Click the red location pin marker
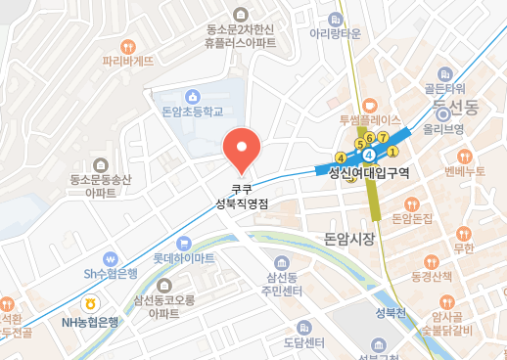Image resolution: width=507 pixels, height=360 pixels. (241, 148)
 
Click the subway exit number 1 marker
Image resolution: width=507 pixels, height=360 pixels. (392, 152)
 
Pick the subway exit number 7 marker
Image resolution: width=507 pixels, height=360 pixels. (384, 136)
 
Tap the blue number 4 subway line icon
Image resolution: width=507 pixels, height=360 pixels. (368, 155)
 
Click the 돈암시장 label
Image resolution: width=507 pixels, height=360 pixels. (348, 239)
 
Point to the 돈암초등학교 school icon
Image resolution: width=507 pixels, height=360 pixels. (193, 97)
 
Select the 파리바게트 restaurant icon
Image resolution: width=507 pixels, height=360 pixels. (128, 46)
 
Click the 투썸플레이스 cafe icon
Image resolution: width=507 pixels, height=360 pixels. (368, 106)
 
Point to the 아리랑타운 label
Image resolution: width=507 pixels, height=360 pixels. (337, 32)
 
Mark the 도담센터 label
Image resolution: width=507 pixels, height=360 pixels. (303, 342)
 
